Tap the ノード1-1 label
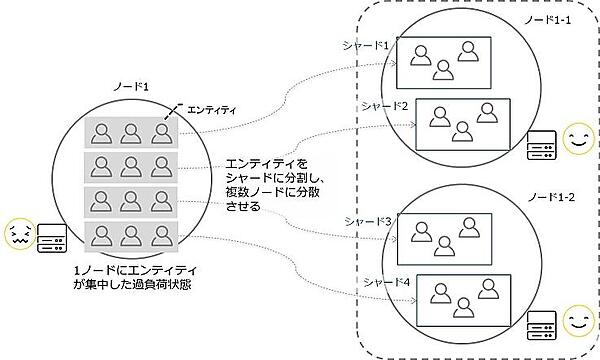click(552, 21)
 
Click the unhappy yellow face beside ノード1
click(19, 235)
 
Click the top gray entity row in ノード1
click(129, 131)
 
